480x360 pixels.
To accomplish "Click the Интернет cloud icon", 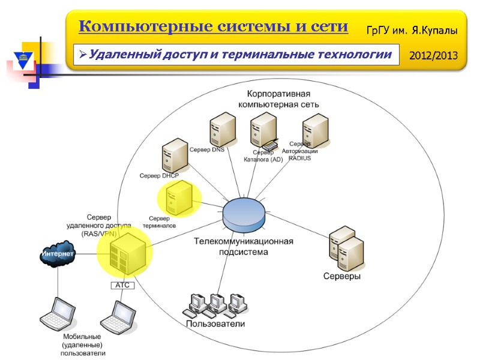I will click(58, 254).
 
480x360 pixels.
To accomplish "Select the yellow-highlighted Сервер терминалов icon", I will click(179, 198).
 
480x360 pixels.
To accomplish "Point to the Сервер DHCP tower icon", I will click(173, 155).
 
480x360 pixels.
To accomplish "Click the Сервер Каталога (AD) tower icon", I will click(263, 130).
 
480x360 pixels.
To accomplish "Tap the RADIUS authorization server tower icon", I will click(315, 130).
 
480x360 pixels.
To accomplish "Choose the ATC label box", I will click(123, 286).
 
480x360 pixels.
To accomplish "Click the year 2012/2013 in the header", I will click(433, 56).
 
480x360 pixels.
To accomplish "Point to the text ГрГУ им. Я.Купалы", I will click(412, 29).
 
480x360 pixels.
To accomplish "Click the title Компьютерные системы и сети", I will click(213, 26).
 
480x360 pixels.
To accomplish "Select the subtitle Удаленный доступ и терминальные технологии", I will click(236, 55).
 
